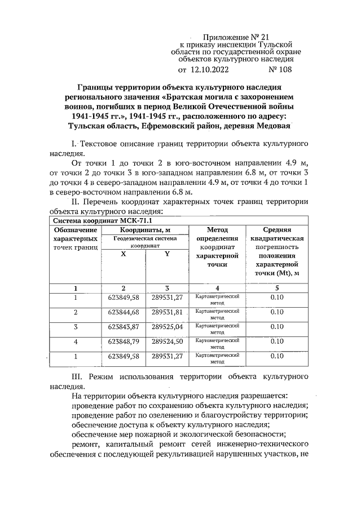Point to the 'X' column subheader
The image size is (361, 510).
point(124,254)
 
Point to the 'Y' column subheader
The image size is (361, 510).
point(167,254)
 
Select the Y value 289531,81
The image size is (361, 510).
point(167,312)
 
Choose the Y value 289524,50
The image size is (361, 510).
point(167,341)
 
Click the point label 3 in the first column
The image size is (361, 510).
point(75,326)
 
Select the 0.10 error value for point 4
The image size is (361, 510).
point(276,341)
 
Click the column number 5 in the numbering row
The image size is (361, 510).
point(276,288)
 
